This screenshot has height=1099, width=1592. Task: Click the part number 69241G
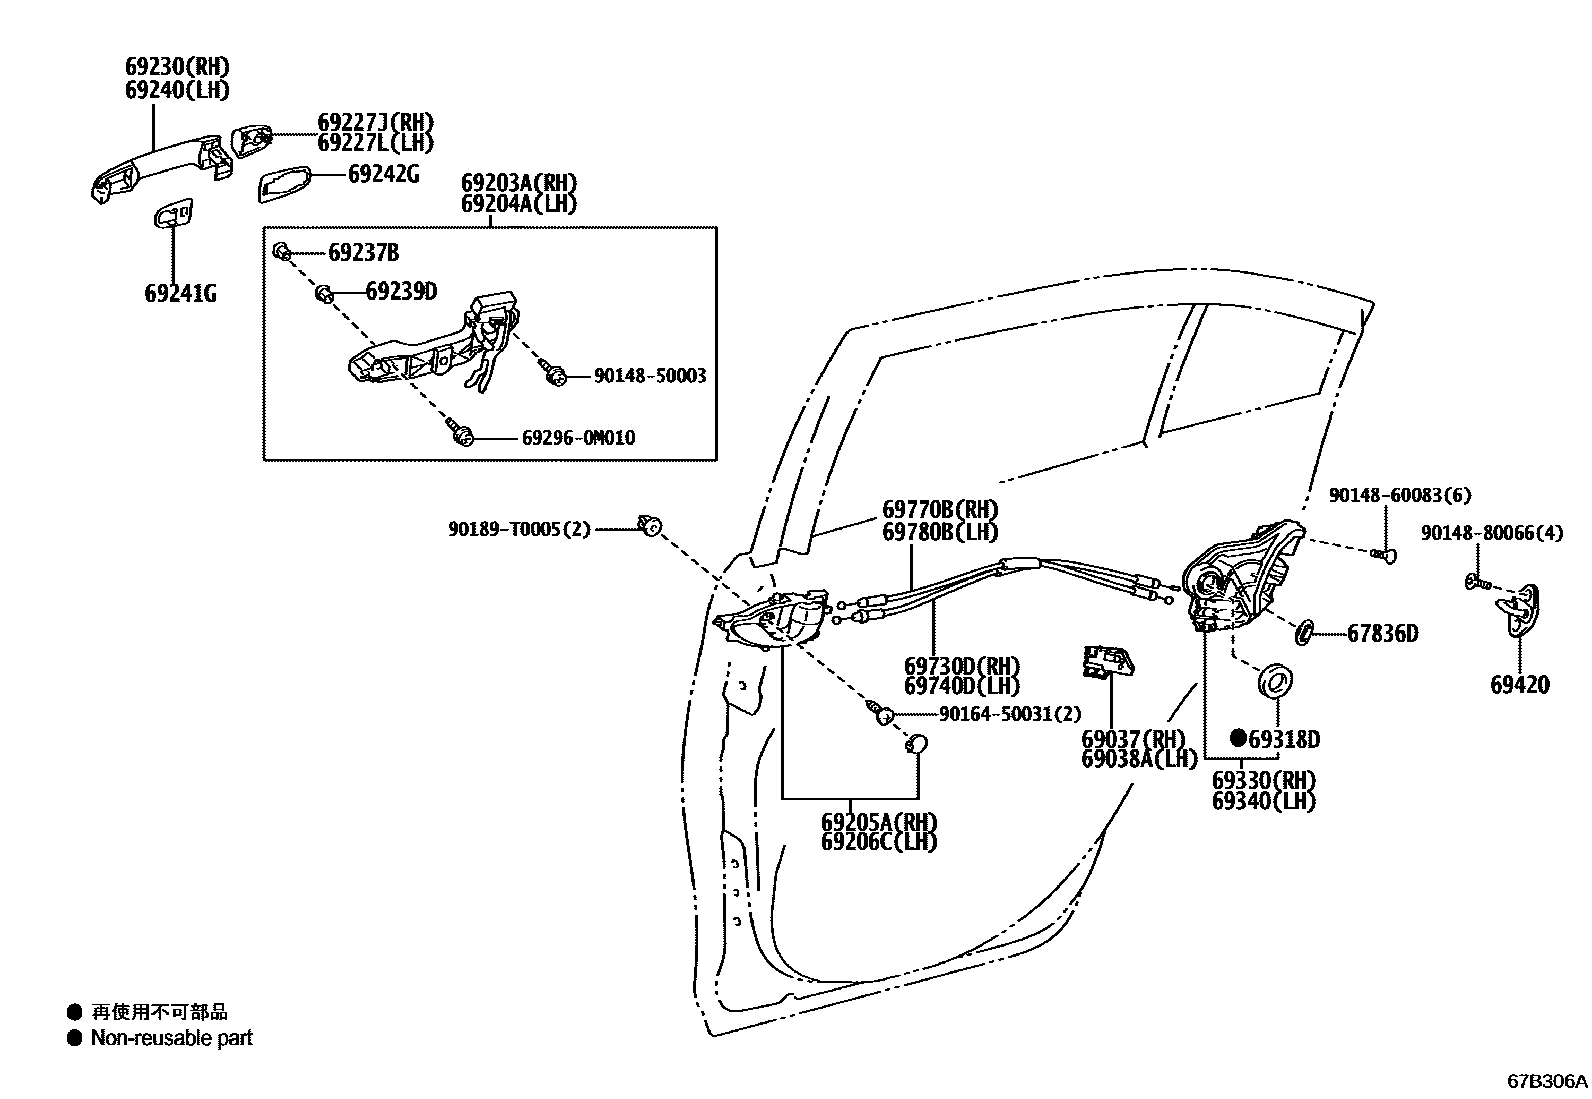tap(180, 294)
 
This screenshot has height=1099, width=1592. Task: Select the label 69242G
tap(383, 174)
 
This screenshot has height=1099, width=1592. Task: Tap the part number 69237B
tap(363, 253)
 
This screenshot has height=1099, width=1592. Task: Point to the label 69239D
tap(401, 292)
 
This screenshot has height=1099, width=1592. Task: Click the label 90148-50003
tap(649, 376)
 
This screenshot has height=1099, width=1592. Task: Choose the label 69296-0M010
tap(578, 438)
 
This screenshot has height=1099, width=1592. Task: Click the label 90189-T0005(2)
tap(520, 528)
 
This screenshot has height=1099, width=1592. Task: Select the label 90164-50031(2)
tap(1010, 714)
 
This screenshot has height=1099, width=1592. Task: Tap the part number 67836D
tap(1382, 633)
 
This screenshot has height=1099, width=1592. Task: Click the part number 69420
tap(1519, 685)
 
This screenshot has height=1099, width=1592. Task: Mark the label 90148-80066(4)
tap(1491, 533)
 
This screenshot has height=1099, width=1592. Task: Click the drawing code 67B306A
tap(1547, 1081)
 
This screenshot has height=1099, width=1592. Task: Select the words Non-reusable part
tap(171, 1039)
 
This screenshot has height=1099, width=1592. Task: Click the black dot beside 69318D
tap(1238, 738)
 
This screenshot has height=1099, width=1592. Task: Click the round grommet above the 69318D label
tap(1276, 680)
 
